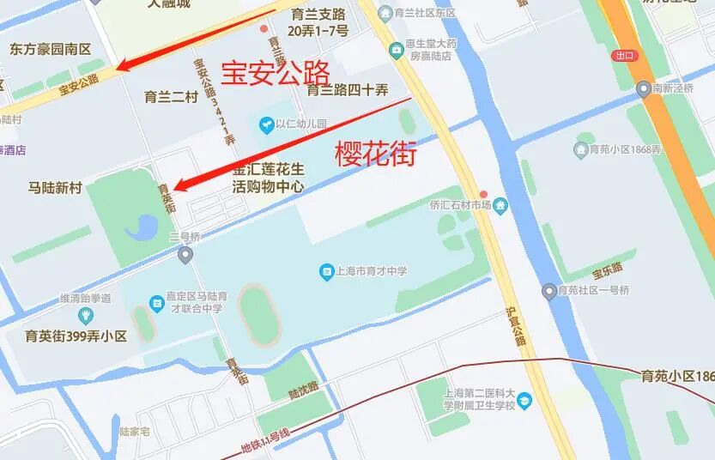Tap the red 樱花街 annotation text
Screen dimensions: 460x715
[x=375, y=154]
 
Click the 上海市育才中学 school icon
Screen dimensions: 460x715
[x=326, y=272]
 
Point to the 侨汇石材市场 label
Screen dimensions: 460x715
[x=460, y=205]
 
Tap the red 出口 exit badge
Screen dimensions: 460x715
[x=624, y=56]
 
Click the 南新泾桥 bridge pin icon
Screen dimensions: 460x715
[x=643, y=88]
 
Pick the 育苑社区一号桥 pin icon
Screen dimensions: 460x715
[x=550, y=291]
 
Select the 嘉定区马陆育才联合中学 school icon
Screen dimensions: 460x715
[x=156, y=303]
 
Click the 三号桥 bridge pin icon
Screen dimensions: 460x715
[x=185, y=254]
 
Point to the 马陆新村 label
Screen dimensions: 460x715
[x=55, y=188]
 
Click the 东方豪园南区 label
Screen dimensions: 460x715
[x=51, y=50]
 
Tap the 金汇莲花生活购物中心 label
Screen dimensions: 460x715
[x=269, y=178]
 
